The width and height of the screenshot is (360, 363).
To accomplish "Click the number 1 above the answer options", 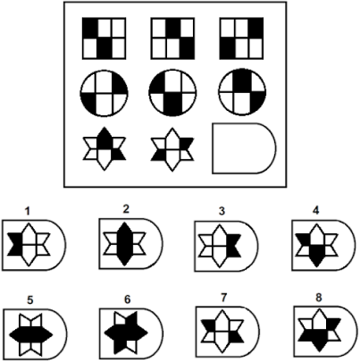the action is coord(28,211).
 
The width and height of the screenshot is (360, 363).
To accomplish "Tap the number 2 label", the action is coord(126,209).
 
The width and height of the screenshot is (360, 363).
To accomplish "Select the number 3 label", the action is coord(222,211).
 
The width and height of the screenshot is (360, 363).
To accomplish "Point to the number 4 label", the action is coord(316,210).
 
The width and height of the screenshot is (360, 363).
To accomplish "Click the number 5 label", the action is coord(30,300).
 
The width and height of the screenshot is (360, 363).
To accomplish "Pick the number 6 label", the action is coord(127,300).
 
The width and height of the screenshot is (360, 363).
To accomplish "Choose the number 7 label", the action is coord(223,298).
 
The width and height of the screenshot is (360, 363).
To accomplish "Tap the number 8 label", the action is coord(319,298).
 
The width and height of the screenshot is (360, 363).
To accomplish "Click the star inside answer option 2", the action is coord(125,244).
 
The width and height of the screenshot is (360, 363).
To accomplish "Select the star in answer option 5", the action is coord(30,334).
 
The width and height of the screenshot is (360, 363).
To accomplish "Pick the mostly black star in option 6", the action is coord(126,333).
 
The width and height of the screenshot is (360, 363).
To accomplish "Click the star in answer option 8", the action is coord(320,330).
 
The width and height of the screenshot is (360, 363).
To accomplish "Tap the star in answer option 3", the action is coord(220,246).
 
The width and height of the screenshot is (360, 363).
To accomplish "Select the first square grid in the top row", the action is coord(105,38).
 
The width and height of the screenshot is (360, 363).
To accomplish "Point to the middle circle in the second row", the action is coord(172,93).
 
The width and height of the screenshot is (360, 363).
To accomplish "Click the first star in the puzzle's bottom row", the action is coord(105,148).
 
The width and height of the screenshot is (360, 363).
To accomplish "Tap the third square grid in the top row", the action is coord(241,38).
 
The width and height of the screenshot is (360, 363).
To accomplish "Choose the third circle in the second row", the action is coord(242,92).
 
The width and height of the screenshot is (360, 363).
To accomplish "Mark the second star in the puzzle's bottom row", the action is coord(172,149).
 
